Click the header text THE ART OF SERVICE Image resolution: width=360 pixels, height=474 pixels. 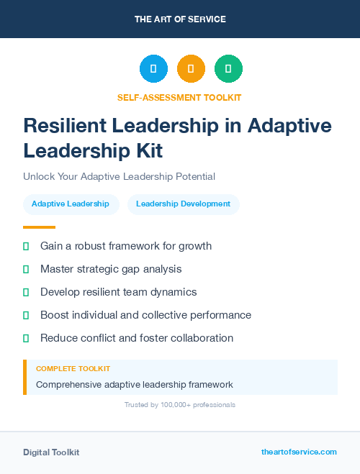point(180,19)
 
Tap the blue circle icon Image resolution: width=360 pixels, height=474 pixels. point(153,69)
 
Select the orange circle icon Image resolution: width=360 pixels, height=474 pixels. point(191,69)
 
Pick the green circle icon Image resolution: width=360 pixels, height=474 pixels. point(228,69)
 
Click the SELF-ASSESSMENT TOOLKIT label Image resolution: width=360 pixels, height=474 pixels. point(180,97)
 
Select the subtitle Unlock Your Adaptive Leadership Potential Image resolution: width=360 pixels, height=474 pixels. point(119,176)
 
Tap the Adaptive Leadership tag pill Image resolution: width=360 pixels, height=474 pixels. point(71,204)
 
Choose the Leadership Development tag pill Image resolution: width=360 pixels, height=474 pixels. point(183,204)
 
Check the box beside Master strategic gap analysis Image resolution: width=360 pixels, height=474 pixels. point(26,269)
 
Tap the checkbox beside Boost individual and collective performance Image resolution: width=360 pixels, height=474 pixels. point(26,315)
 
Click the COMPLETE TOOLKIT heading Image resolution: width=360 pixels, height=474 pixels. point(73,369)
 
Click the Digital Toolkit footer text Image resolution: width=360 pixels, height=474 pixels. point(51,452)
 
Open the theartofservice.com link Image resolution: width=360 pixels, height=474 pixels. point(299,452)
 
